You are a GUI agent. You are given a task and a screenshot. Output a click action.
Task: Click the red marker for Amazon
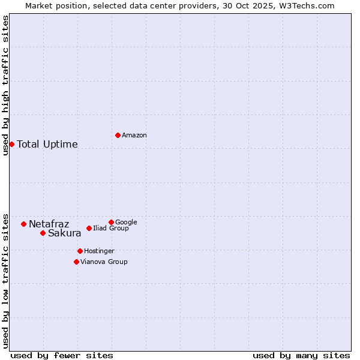tap(118, 135)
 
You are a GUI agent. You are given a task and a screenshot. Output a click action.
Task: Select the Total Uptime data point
tap(11, 144)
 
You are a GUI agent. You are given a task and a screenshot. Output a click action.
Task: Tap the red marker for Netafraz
tap(23, 224)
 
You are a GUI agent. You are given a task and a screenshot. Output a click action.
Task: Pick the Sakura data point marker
tap(43, 233)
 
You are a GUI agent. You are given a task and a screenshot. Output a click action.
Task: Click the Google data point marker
tap(111, 222)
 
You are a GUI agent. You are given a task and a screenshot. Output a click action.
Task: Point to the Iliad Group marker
tap(89, 228)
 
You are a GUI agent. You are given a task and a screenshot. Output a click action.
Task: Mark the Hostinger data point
tap(80, 251)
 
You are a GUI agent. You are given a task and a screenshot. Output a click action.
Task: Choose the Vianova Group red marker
tap(76, 262)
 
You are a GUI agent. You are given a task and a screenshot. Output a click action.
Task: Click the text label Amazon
tap(134, 136)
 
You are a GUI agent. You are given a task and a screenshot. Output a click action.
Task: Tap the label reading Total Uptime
tap(47, 144)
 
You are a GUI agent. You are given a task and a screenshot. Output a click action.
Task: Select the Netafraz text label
tap(49, 224)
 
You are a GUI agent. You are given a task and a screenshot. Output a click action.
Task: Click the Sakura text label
tap(64, 233)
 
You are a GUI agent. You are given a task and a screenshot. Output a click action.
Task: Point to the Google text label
tap(126, 223)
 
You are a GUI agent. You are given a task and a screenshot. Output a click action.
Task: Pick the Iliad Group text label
tap(110, 229)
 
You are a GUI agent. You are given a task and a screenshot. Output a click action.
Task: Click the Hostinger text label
tap(99, 251)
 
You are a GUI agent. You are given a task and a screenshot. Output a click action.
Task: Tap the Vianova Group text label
tap(104, 262)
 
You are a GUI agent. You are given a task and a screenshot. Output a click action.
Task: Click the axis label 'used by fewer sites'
tap(62, 355)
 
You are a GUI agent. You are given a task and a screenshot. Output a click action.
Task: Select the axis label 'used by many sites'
tap(301, 355)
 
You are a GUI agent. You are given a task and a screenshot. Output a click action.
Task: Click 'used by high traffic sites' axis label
tap(5, 85)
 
